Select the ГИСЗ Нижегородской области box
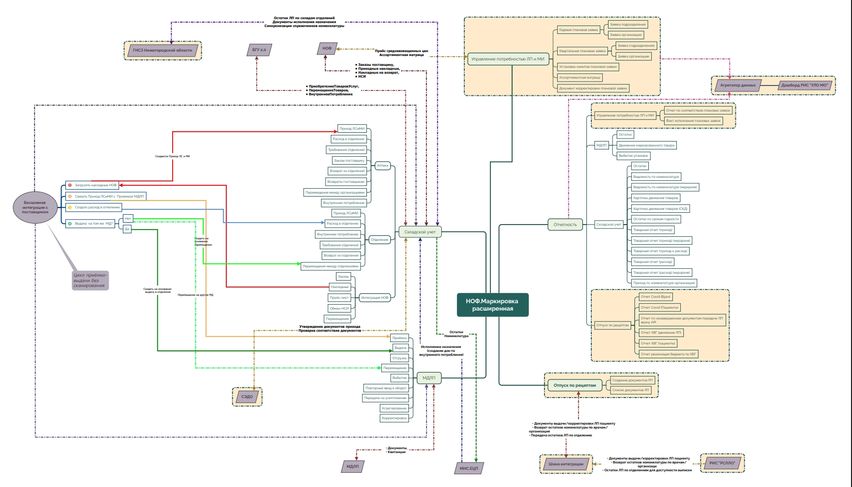click(x=162, y=50)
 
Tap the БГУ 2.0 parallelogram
click(x=259, y=50)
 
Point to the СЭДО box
click(x=247, y=397)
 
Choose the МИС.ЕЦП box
click(x=468, y=468)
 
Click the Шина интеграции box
click(x=566, y=464)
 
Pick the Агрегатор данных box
click(x=737, y=85)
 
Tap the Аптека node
click(x=382, y=166)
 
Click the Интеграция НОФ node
click(x=374, y=297)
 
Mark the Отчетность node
click(x=565, y=225)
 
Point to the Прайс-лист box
click(x=339, y=297)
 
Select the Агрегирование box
click(x=394, y=408)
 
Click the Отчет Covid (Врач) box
click(x=655, y=297)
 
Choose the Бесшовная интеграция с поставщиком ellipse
click(x=35, y=207)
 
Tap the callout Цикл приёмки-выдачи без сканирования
click(x=90, y=280)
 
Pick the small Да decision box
click(x=127, y=229)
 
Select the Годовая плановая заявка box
click(x=578, y=29)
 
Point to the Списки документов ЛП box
click(x=630, y=390)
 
